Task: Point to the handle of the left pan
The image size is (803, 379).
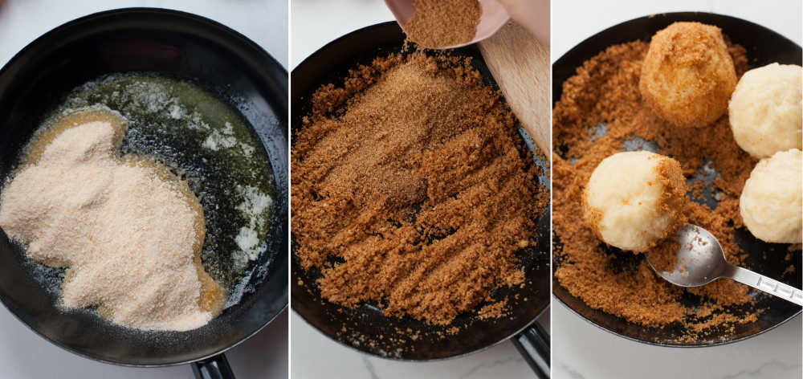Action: click(214, 367)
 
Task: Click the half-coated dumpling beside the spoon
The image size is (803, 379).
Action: click(630, 201)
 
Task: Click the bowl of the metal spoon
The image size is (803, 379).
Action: click(691, 257)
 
